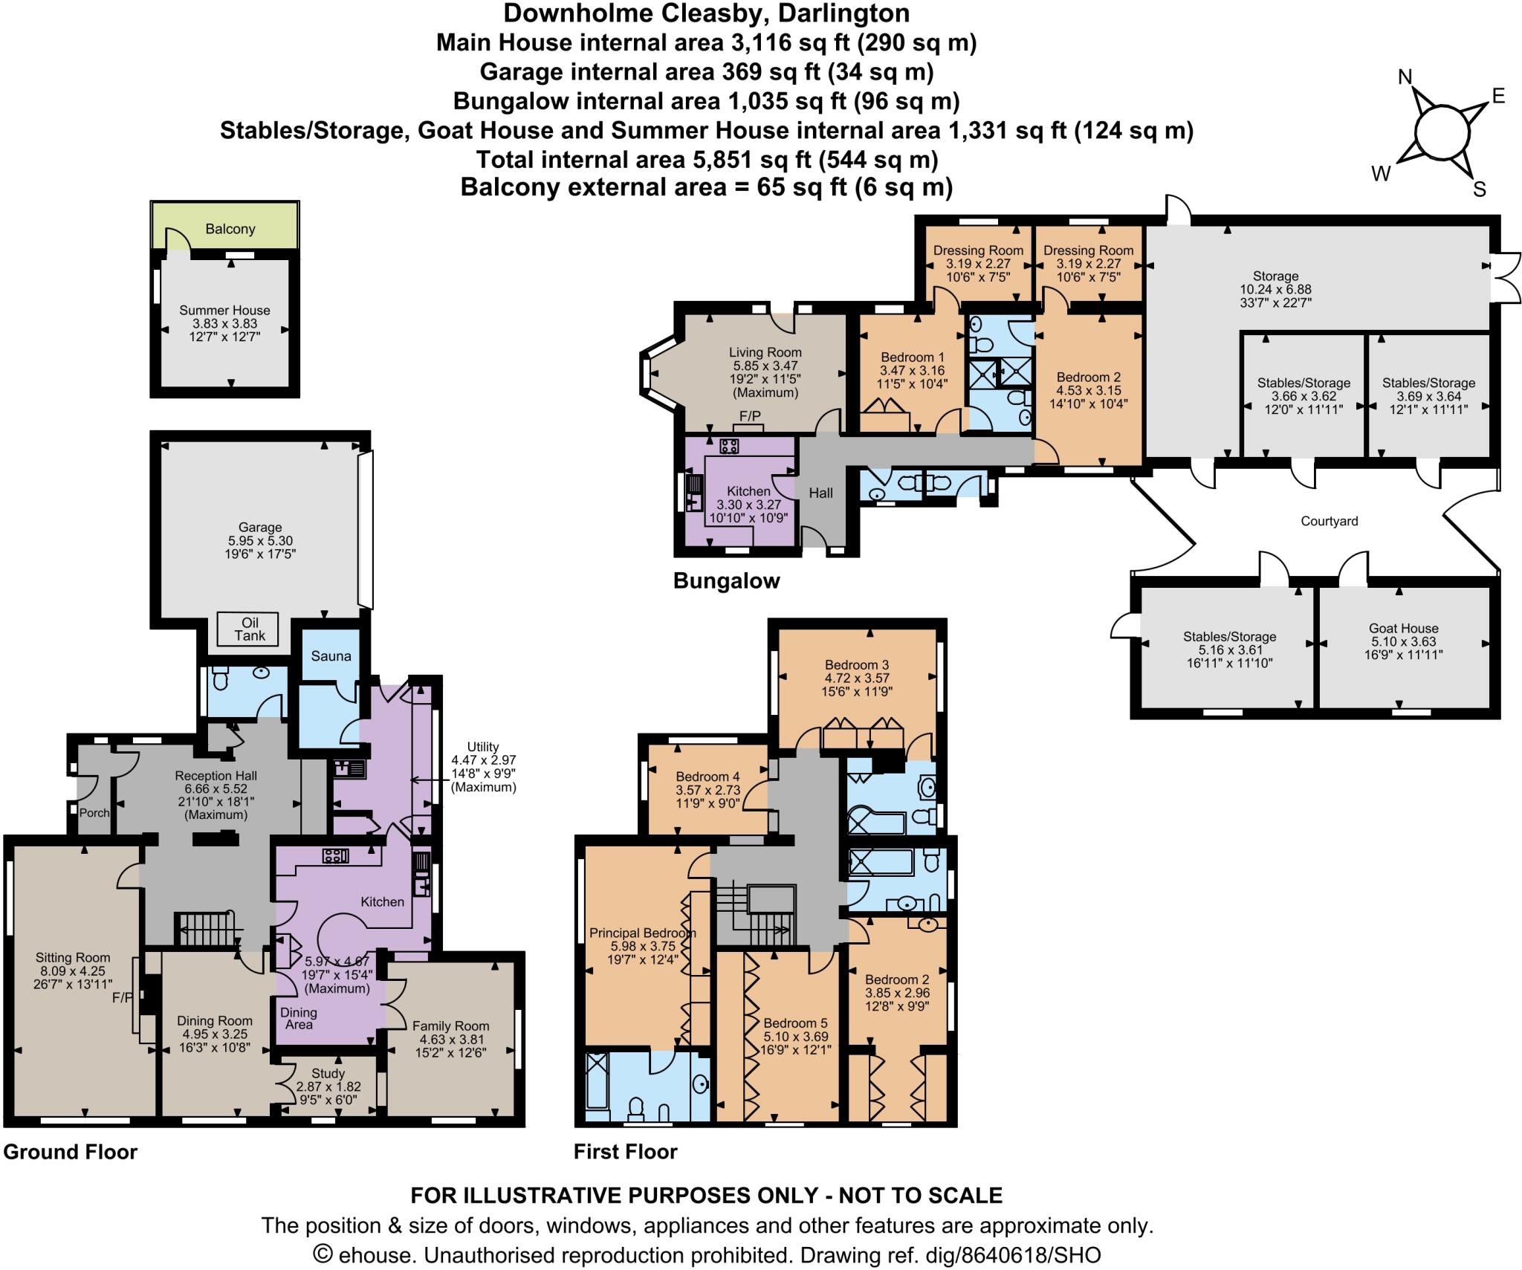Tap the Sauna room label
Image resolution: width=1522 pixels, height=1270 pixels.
pos(331,656)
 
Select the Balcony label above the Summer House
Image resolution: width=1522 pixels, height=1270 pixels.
pos(230,229)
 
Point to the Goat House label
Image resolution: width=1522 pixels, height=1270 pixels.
pos(1403,628)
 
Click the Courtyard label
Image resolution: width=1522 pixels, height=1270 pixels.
pos(1329,521)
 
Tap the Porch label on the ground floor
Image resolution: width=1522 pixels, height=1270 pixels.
pos(94,812)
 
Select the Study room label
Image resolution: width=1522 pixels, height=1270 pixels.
pos(328,1074)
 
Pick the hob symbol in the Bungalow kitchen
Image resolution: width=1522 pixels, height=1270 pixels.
pos(728,446)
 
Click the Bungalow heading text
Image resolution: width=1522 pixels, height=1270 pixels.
pos(726,580)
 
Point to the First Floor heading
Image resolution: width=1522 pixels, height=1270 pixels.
pos(625,1152)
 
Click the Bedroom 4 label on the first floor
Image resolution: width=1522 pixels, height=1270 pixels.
pos(707,777)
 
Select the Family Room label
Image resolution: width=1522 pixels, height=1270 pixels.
pos(450,1026)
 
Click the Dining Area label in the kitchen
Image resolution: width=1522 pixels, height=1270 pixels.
pos(298,1018)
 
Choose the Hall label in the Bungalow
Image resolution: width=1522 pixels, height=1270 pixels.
pos(820,493)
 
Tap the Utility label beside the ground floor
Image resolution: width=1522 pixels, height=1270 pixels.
pos(483,747)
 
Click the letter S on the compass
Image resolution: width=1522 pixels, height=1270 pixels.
pos(1479,190)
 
